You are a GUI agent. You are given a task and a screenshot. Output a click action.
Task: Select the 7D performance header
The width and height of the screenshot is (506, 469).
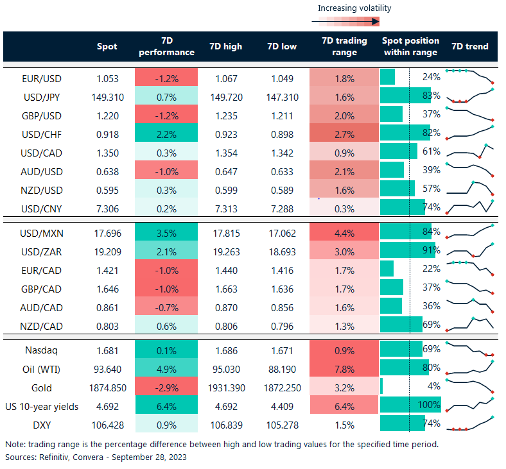tap(166, 46)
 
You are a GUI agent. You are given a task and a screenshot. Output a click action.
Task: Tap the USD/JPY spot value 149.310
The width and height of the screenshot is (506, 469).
tap(107, 96)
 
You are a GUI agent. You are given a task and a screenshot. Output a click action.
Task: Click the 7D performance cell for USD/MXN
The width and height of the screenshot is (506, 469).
tap(166, 232)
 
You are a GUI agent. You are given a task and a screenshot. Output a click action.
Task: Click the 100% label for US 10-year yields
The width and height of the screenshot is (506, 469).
tap(428, 405)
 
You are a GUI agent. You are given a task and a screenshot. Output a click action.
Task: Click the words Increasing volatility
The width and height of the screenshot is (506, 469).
tap(354, 8)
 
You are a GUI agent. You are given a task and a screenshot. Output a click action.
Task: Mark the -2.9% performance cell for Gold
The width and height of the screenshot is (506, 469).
tap(166, 387)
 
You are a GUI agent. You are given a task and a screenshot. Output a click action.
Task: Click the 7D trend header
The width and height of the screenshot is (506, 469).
tap(470, 46)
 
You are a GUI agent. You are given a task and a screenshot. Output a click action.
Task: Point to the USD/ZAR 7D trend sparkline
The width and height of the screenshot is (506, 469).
tap(470, 250)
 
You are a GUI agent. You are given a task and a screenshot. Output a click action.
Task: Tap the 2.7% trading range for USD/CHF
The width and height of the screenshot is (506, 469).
tap(344, 133)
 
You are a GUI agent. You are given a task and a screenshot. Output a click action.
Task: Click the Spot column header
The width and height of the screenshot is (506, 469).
tap(107, 46)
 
